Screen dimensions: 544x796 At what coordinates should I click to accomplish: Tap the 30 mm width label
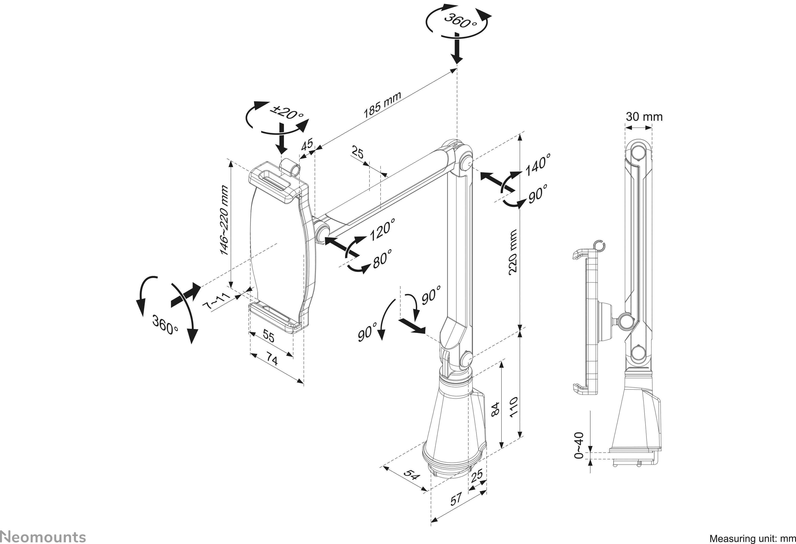[x=644, y=117]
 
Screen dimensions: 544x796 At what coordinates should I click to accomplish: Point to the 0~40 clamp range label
[x=578, y=445]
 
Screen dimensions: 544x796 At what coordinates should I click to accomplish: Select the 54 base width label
[x=411, y=475]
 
